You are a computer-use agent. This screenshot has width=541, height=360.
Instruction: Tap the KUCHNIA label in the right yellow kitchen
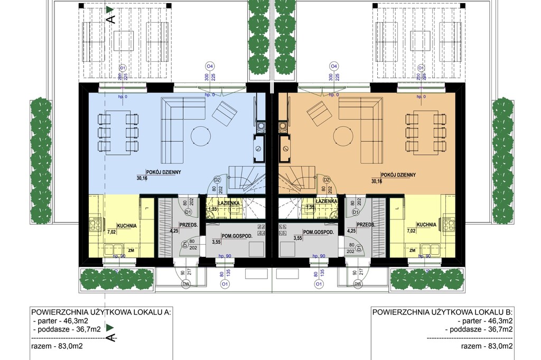click(x=426, y=224)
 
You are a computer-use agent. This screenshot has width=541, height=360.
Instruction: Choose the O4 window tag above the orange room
click(x=333, y=66)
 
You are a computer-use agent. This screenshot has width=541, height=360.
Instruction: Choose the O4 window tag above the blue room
click(x=209, y=66)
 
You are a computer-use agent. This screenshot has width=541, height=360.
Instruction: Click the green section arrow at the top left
click(x=109, y=9)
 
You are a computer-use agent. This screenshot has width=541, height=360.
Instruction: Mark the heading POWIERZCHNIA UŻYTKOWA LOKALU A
click(x=100, y=312)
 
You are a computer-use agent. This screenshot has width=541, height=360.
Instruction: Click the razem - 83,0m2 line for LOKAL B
click(x=486, y=346)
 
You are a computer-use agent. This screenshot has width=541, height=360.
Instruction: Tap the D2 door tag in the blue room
click(x=216, y=180)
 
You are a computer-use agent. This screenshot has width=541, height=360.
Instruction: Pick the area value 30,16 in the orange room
click(x=377, y=181)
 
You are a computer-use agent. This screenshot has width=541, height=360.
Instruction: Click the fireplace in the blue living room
click(x=259, y=149)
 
